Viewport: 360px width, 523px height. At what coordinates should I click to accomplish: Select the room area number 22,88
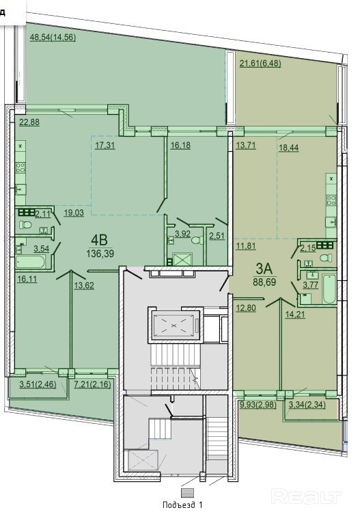[x=29, y=122]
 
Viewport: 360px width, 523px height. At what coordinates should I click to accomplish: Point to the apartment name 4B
[x=99, y=240]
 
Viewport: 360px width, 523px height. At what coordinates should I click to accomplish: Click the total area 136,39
[x=100, y=254]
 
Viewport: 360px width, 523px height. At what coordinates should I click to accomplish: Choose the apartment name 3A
[x=264, y=269]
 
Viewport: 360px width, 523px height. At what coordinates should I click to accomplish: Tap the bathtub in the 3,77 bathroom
[x=329, y=289]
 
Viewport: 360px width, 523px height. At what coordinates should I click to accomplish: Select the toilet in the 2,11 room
[x=25, y=224]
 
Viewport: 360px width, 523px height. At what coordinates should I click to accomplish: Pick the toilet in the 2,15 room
[x=326, y=258]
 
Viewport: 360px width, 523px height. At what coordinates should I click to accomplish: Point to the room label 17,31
[x=105, y=146]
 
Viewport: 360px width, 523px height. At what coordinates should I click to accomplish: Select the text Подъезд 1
[x=182, y=505]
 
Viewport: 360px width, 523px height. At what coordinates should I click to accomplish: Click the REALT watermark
[x=306, y=496]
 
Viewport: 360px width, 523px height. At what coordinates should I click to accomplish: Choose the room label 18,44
[x=289, y=148]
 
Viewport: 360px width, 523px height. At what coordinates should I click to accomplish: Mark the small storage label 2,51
[x=217, y=236]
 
